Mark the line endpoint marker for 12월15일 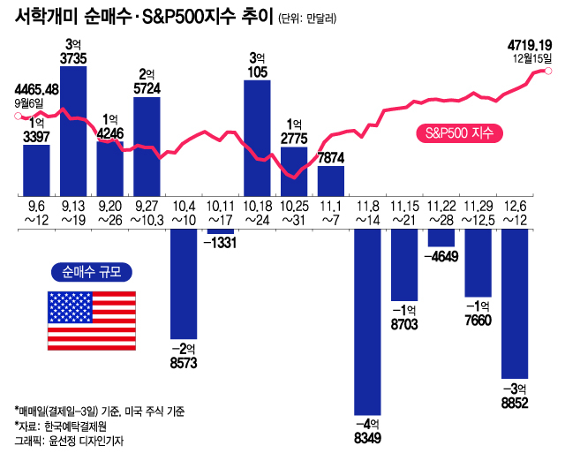tap(550, 72)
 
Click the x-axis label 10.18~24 tap(257, 211)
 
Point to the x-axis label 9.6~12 tap(36, 211)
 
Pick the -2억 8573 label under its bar tap(183, 355)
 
